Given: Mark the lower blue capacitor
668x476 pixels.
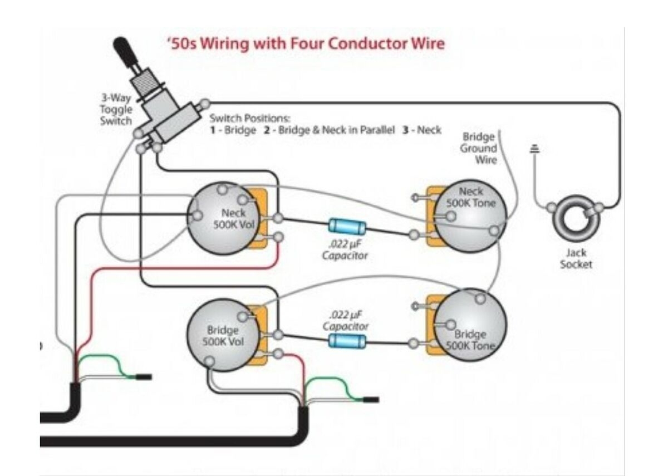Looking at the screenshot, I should click(x=347, y=340).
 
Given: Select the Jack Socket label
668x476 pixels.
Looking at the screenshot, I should click(x=576, y=259).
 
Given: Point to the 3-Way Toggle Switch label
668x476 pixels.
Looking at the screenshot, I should click(x=116, y=110).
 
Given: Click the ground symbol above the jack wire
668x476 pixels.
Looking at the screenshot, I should click(x=536, y=149).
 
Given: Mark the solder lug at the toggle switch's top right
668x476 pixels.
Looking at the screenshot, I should click(x=205, y=103).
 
